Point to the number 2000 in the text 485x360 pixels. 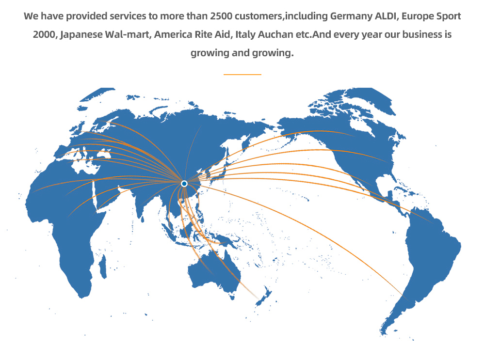(45, 35)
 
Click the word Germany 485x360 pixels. (351, 16)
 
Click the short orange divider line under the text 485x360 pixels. (242, 75)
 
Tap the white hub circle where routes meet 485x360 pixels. (184, 183)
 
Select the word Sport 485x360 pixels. (447, 16)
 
